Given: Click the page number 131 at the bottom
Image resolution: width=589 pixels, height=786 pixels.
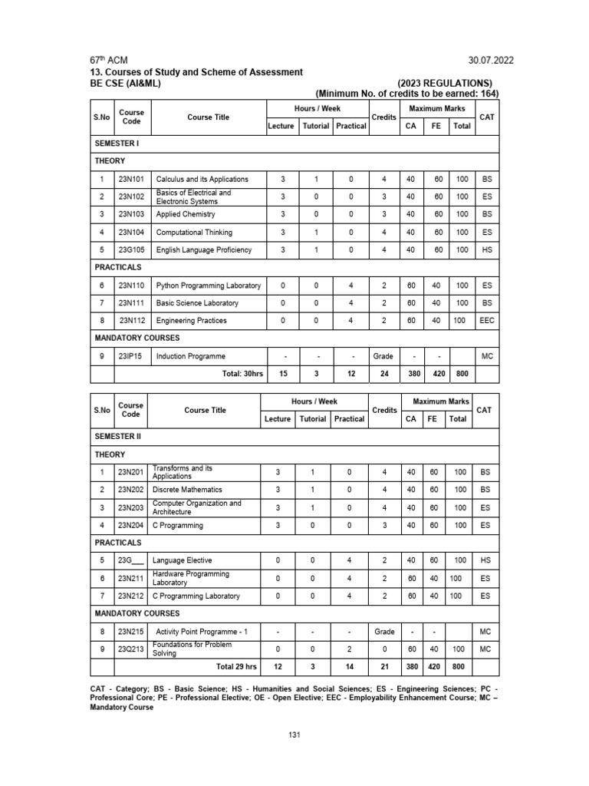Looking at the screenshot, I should (x=294, y=735).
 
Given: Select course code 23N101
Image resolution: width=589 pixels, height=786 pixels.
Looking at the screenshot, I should (x=131, y=179).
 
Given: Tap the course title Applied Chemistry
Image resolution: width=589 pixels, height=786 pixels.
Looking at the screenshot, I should (x=186, y=214).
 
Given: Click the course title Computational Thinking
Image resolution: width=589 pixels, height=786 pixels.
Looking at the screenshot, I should (x=194, y=232).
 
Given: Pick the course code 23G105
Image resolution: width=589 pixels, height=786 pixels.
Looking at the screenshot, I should (x=131, y=249).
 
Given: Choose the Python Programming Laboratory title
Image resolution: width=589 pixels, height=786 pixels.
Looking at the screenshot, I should (x=209, y=286).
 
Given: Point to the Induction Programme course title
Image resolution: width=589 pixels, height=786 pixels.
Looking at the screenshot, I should (x=191, y=356).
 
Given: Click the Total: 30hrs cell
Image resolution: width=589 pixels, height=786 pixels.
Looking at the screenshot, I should (x=230, y=374).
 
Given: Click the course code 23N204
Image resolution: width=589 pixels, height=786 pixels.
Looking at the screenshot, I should (x=131, y=525).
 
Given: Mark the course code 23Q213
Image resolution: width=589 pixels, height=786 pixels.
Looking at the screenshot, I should (x=131, y=649).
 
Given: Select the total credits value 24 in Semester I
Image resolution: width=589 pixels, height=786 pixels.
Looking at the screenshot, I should (x=383, y=374).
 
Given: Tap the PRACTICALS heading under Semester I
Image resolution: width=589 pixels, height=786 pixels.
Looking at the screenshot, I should (x=118, y=267).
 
